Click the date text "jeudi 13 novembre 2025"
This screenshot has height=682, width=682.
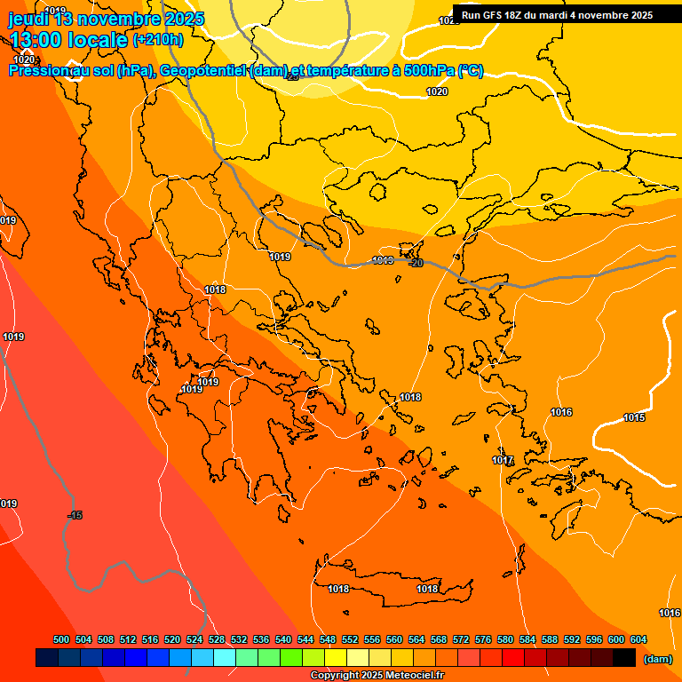pos(107,19)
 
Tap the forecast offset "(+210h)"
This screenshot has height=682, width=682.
pos(157,39)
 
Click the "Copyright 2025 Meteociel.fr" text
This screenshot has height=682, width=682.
pos(377,676)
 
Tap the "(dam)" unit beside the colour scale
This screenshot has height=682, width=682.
pos(657,659)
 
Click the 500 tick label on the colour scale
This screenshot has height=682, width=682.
pos(61,639)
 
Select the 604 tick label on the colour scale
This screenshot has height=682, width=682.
pos(638,639)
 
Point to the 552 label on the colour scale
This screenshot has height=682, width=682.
pos(350,639)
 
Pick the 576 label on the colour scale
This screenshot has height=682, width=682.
pos(483,639)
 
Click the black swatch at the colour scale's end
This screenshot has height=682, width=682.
pos(623,658)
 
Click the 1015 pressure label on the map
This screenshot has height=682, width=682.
pos(634,417)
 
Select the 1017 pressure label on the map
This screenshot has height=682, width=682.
pos(504,460)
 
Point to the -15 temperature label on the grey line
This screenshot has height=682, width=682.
pos(75,515)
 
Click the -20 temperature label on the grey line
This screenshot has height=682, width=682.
pos(415,263)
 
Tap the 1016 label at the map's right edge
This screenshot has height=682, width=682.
pos(670,613)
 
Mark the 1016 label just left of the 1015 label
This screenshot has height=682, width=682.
pos(561,412)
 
